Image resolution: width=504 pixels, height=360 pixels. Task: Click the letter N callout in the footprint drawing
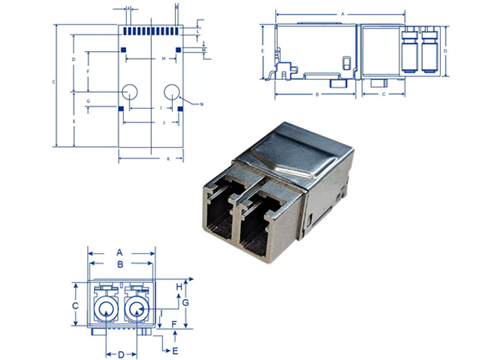coord(201,105)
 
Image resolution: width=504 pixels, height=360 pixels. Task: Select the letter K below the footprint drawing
coord(168,158)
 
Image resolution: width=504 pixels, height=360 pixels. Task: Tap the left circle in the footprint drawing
coord(130,91)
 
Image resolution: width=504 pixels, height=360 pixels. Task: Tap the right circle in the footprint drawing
coord(172,91)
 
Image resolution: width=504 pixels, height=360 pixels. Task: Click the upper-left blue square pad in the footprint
coord(123,50)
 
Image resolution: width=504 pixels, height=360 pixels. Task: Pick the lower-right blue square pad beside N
coord(180,109)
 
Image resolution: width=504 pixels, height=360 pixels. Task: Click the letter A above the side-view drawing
coord(343,14)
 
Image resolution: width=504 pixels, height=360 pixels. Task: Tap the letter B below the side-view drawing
coord(317,94)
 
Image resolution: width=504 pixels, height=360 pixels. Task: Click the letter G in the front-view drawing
coord(185,302)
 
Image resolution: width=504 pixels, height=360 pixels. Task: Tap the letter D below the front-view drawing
coord(121,354)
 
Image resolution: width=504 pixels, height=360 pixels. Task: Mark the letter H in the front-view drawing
coord(179,287)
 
